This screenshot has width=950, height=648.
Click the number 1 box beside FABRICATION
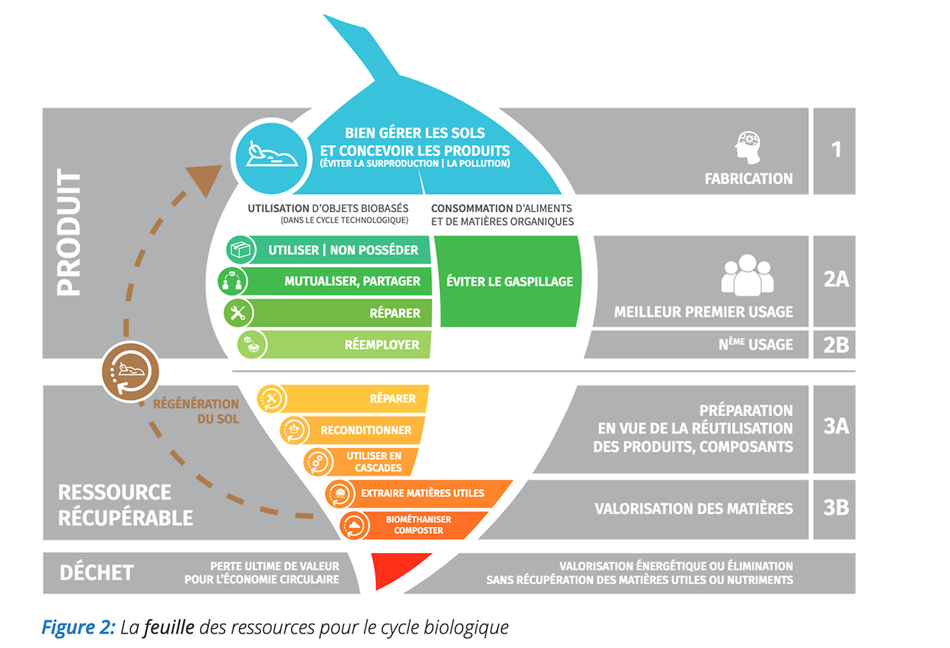click(x=834, y=150)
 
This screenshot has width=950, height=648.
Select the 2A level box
click(x=834, y=280)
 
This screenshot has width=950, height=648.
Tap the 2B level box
click(x=834, y=345)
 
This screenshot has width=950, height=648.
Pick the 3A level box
click(x=834, y=427)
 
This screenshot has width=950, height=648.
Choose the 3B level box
click(x=834, y=508)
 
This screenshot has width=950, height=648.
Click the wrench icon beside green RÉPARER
click(x=237, y=313)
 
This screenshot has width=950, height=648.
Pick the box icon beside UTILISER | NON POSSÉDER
click(x=242, y=250)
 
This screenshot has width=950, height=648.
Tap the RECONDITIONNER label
click(x=365, y=430)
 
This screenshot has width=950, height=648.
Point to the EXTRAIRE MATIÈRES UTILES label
click(x=422, y=493)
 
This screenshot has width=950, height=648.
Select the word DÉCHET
click(x=97, y=573)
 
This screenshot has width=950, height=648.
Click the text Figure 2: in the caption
click(x=79, y=627)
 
